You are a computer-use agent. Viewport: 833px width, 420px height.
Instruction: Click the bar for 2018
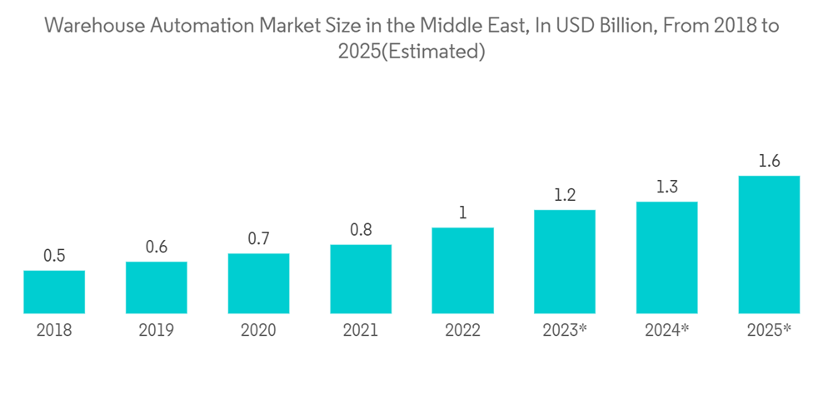point(54,292)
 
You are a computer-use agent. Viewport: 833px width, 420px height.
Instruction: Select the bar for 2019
point(157,287)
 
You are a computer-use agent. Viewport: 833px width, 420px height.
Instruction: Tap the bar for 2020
point(258,283)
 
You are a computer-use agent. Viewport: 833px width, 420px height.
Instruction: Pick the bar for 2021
point(361,279)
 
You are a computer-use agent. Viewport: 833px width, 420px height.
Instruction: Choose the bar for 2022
point(462,271)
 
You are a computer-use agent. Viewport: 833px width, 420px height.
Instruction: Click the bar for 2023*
point(565,262)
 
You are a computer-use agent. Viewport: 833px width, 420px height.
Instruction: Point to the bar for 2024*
point(666,257)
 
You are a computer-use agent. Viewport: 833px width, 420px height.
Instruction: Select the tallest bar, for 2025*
point(769,245)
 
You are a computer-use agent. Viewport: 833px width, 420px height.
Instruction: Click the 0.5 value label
point(54,256)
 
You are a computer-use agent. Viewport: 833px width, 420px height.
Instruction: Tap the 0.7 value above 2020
point(258,239)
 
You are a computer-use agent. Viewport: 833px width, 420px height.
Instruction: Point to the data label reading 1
point(462,213)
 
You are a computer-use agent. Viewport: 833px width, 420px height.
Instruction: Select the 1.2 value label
point(565,196)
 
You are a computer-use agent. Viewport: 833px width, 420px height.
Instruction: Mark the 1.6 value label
point(769,162)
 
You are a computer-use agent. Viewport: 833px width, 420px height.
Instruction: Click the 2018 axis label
point(54,331)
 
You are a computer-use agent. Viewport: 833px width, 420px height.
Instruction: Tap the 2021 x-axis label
point(361,331)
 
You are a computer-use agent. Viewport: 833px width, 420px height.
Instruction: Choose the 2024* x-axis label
point(666,331)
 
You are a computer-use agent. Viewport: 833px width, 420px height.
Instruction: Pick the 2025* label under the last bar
point(769,331)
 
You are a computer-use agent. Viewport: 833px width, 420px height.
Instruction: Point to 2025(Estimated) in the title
point(412,52)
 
